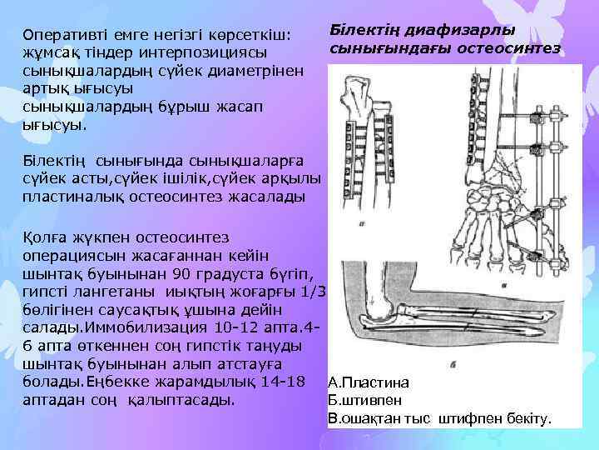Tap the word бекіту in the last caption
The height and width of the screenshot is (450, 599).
[x=527, y=418]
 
